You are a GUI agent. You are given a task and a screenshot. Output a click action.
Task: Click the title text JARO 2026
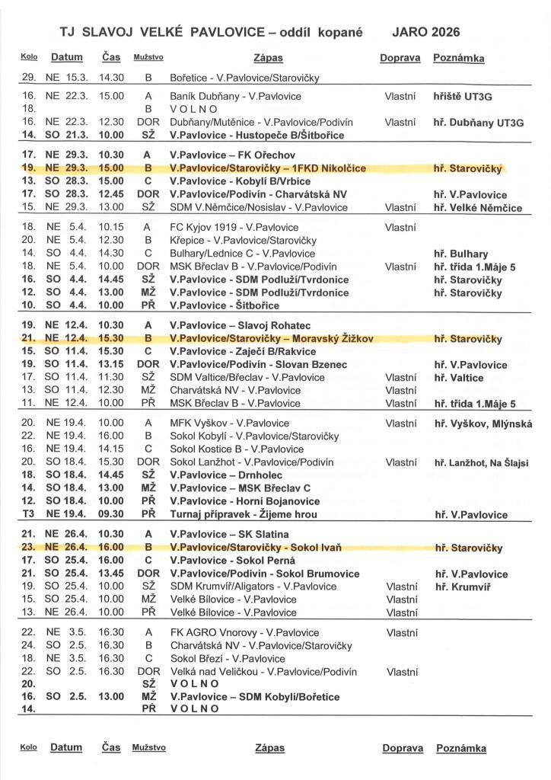425,32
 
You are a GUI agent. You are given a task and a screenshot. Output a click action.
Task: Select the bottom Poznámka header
460,748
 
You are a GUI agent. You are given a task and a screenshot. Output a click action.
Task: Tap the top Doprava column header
400,58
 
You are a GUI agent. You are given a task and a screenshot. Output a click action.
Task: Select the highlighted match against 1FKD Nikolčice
268,168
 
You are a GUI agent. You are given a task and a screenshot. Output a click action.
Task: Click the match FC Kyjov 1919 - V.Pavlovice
235,227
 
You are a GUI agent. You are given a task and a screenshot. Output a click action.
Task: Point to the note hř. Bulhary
461,254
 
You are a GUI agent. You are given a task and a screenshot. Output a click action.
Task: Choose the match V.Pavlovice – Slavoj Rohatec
240,325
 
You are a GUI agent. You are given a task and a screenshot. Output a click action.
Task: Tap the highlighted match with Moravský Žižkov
272,338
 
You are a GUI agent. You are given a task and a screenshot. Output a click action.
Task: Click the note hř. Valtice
460,377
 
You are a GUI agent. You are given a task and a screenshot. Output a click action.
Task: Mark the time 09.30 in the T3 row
111,514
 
